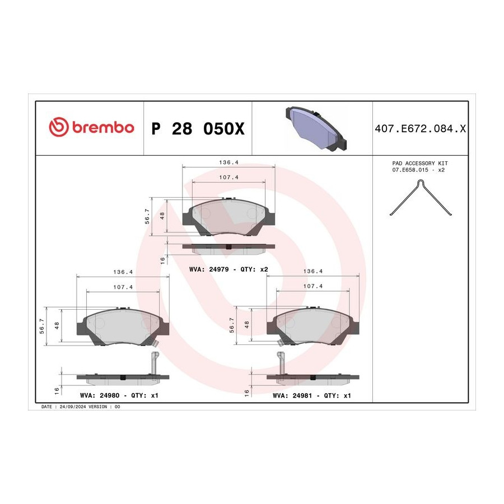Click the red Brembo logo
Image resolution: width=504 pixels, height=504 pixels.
point(91,127)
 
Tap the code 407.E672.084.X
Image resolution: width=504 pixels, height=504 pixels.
point(420,129)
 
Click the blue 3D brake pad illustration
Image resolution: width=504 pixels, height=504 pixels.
point(316,128)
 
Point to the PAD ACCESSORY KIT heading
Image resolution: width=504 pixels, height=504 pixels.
point(420,164)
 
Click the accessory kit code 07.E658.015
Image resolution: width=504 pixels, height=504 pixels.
point(410,170)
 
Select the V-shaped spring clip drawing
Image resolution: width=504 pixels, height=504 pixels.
point(421,197)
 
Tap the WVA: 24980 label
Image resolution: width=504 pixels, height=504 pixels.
point(100,395)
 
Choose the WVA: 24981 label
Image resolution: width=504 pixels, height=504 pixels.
point(292,395)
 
